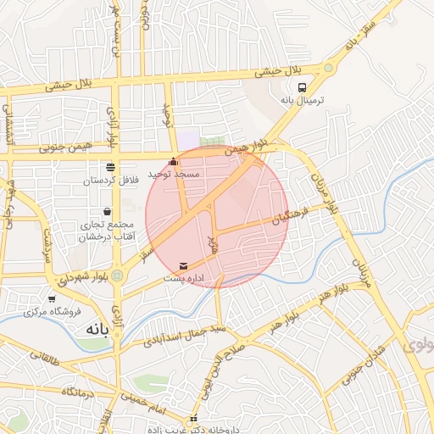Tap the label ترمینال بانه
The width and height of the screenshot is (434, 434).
(303, 100)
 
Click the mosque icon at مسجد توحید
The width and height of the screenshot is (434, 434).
(174, 161)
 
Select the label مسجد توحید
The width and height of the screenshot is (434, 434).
(174, 174)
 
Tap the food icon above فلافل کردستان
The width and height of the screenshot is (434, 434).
(109, 168)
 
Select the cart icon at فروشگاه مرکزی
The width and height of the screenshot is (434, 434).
(53, 298)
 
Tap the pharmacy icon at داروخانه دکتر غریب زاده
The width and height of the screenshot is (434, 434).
(193, 418)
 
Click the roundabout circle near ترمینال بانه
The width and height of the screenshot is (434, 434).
(327, 67)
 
